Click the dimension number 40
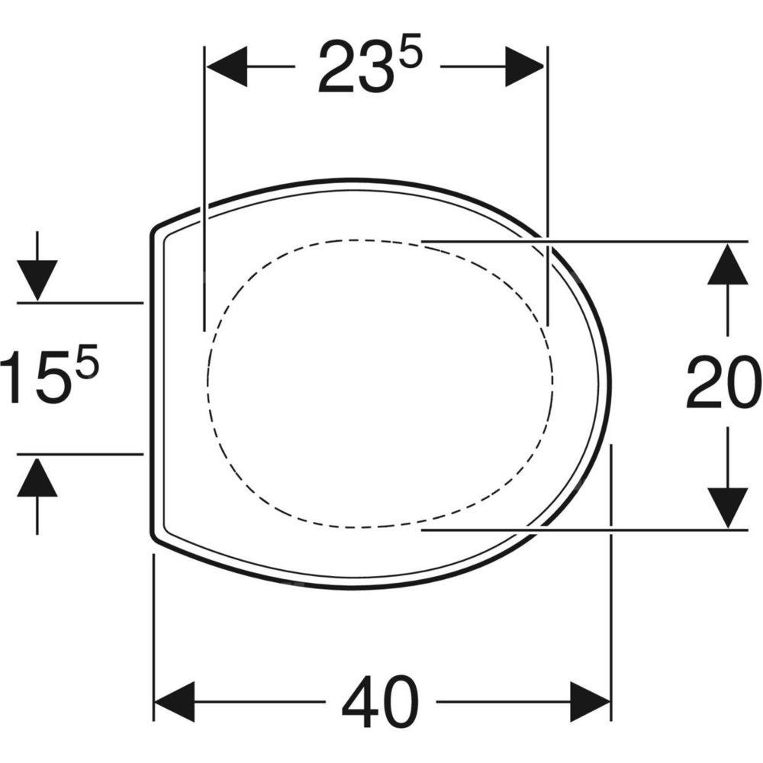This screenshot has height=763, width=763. pyautogui.click(x=380, y=701)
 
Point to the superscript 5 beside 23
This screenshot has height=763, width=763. pyautogui.click(x=410, y=56)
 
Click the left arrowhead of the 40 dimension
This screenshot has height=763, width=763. pyautogui.click(x=174, y=702)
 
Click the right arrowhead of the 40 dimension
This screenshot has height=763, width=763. pyautogui.click(x=591, y=702)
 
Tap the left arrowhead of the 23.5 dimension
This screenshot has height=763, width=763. pyautogui.click(x=227, y=66)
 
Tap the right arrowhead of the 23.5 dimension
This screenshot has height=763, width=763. pyautogui.click(x=525, y=66)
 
